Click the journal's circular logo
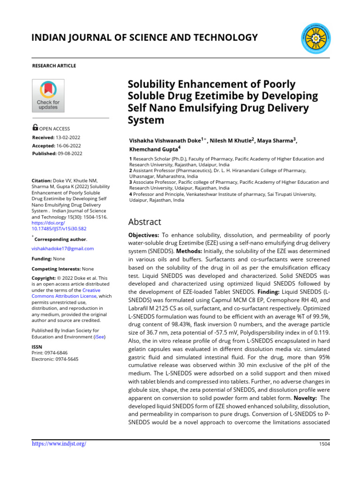point(314,37)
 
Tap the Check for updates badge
point(48,96)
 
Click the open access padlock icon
point(35,127)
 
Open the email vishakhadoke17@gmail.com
point(62,248)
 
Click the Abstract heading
point(145,222)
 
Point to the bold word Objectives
point(144,234)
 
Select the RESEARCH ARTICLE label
point(54,66)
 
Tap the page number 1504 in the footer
point(324,444)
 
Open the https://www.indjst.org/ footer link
point(59,443)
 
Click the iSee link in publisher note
point(99,337)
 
